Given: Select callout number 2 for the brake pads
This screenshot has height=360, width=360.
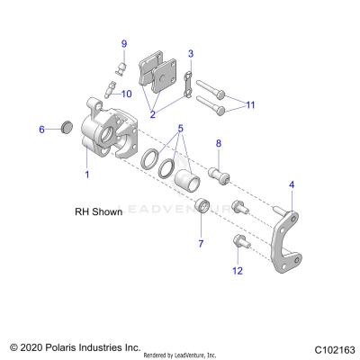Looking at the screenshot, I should click(153, 115).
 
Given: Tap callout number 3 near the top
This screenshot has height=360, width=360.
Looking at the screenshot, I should click(190, 54).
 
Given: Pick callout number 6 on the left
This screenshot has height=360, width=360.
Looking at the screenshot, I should click(41, 130).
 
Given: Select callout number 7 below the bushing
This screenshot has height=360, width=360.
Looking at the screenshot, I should click(200, 243).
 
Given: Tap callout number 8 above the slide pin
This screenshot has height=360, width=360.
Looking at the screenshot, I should click(218, 144).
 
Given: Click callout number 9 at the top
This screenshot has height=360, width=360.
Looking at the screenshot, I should click(124, 44).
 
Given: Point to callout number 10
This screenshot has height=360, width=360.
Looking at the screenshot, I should click(127, 94).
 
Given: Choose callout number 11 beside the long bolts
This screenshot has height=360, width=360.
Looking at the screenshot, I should click(250, 105).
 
